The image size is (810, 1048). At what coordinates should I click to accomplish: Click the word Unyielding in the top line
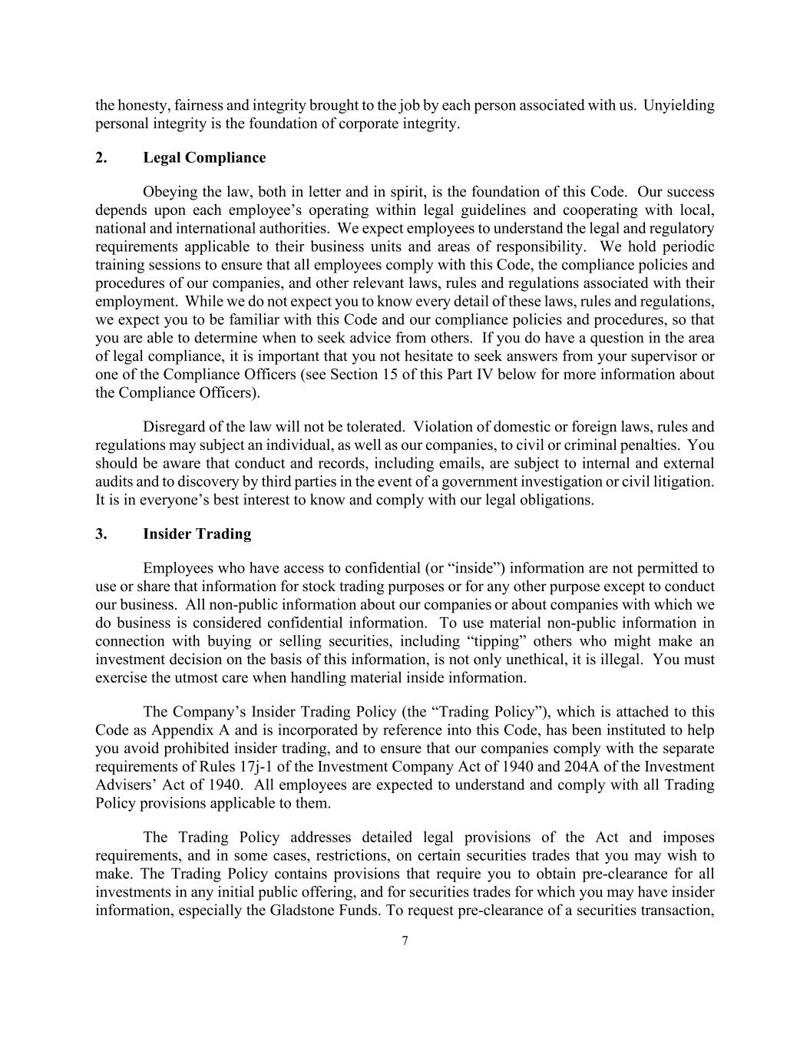[679, 105]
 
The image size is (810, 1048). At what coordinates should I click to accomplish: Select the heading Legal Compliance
[204, 157]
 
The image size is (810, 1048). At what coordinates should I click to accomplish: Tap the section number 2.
[101, 157]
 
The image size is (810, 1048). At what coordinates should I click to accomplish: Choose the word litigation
[683, 482]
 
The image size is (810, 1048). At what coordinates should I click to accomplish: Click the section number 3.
[101, 534]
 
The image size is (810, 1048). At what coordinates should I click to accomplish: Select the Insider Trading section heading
[197, 534]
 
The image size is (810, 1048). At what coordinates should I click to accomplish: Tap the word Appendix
[179, 731]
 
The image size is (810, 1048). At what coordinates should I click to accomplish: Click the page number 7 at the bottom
[405, 942]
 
